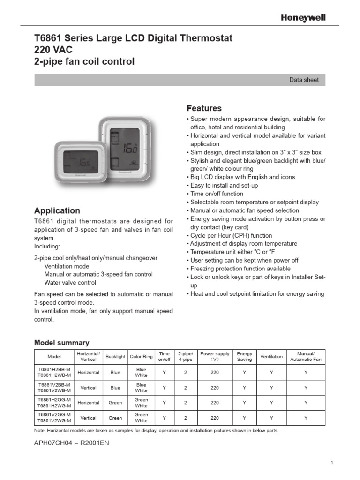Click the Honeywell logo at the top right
coord(303,17)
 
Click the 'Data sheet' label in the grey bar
coord(304,80)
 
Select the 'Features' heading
coord(204,108)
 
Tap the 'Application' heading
coord(57,210)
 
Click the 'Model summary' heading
coord(61,343)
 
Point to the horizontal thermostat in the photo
coord(79,161)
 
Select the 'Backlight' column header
coord(115,356)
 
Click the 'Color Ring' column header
coord(141,356)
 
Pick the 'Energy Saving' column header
coord(244,356)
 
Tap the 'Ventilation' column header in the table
coord(271,356)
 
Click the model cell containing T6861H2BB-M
coord(54,369)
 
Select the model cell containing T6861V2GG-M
coord(54,414)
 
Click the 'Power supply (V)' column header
coord(215,356)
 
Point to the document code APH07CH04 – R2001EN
coord(72,442)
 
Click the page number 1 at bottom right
coord(331,463)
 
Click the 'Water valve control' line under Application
coord(70,283)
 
